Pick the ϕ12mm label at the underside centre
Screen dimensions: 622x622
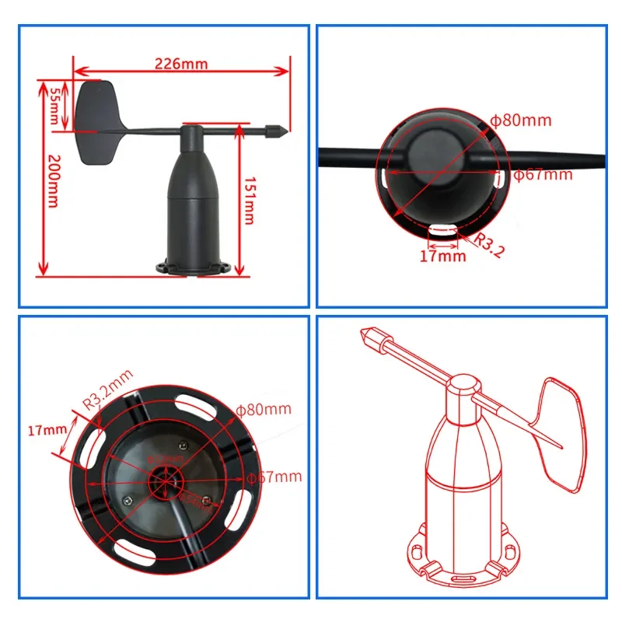(x=165, y=458)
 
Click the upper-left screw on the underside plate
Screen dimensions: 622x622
(x=181, y=445)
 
